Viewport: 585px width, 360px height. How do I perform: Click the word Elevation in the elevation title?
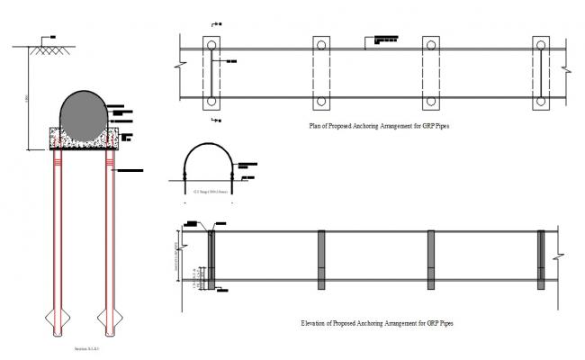(317, 321)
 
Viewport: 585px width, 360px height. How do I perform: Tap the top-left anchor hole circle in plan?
(210, 44)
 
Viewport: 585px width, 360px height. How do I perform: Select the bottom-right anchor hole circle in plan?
(541, 101)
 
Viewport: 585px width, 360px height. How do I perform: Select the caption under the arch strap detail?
(209, 191)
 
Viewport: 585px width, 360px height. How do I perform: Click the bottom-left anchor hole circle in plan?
(210, 101)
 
